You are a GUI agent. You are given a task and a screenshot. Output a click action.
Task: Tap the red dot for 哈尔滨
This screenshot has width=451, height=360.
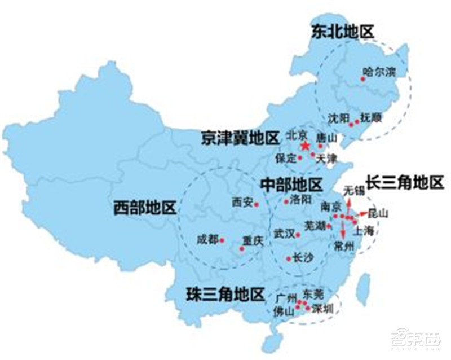point(363,80)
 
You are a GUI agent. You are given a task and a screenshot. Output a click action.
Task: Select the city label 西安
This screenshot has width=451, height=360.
point(242,202)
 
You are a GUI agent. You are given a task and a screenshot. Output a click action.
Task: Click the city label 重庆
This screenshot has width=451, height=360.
point(253,240)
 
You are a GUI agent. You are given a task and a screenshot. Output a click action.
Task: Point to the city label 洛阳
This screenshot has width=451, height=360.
point(299,200)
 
